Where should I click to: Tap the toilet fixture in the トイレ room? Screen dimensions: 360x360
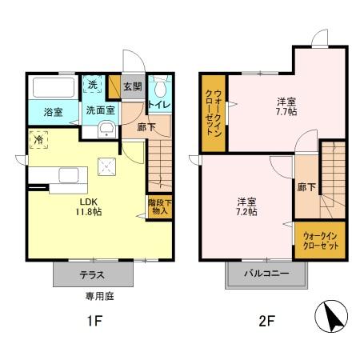tap(159, 87)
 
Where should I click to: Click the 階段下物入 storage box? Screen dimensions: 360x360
tap(158, 207)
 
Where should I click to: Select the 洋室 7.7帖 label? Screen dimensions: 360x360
tap(287, 107)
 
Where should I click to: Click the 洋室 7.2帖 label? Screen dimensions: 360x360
tap(246, 206)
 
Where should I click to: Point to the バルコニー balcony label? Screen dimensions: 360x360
tap(266, 274)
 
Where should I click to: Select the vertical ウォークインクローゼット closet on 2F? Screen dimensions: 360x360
tap(214, 113)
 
